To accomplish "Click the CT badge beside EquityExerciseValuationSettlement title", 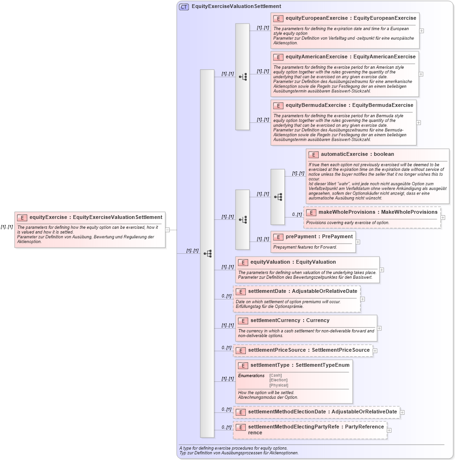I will [x=184, y=7].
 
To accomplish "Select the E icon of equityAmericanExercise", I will [x=278, y=57].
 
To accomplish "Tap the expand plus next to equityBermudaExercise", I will [x=418, y=122].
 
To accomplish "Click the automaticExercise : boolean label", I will [x=357, y=154].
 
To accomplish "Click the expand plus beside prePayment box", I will [x=358, y=242].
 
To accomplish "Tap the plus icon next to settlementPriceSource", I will [x=375, y=350].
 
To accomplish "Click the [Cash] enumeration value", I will [x=275, y=376].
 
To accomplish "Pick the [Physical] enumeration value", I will [x=279, y=385].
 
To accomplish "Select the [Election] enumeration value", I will [x=278, y=380].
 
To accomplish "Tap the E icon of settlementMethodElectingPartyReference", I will [x=240, y=428].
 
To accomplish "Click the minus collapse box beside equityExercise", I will [x=167, y=230].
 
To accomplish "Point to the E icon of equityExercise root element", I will [x=22, y=218].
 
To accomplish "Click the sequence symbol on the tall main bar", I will [x=207, y=253].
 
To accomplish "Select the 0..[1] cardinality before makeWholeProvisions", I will [x=297, y=215].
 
